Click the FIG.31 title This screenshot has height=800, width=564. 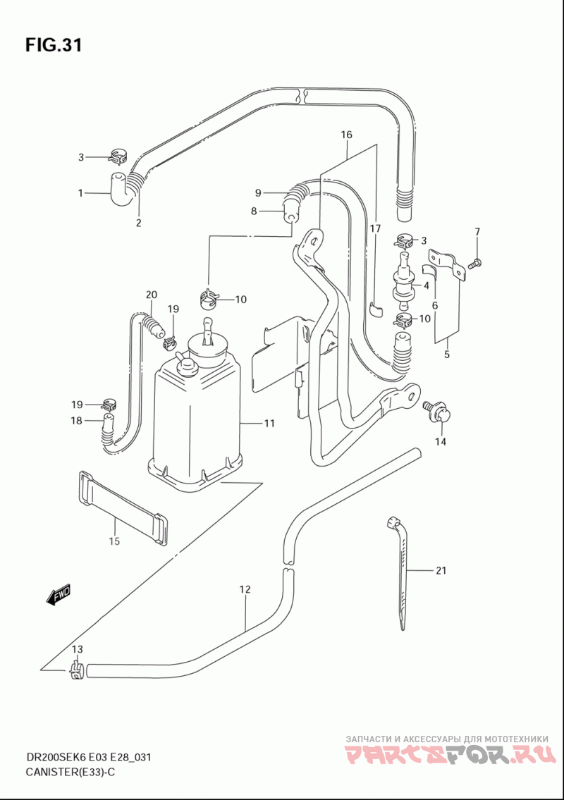pyautogui.click(x=54, y=45)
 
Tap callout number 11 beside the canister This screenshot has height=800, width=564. pyautogui.click(x=269, y=423)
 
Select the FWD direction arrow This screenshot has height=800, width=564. pyautogui.click(x=58, y=594)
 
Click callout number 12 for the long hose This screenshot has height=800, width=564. pyautogui.click(x=245, y=589)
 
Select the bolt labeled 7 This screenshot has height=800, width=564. pyautogui.click(x=474, y=264)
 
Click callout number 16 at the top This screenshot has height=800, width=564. pyautogui.click(x=347, y=135)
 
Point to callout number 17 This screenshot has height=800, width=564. pyautogui.click(x=375, y=228)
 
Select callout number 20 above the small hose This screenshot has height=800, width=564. pyautogui.click(x=151, y=295)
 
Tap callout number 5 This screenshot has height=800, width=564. pyautogui.click(x=446, y=354)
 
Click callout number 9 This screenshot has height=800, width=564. pyautogui.click(x=258, y=192)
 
